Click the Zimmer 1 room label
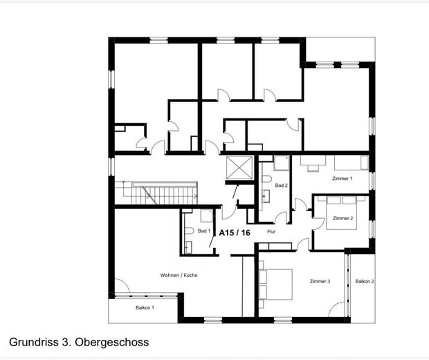342,179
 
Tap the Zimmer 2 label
343,218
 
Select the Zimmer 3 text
320,281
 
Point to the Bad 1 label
204,231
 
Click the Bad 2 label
281,186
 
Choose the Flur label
271,232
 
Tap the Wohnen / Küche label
179,275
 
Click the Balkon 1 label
145,307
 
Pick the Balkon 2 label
365,281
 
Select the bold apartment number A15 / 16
235,233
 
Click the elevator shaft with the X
239,168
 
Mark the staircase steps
156,192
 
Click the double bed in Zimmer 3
275,285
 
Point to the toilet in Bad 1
189,231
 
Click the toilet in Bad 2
266,179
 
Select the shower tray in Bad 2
281,163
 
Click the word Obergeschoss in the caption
112,342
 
